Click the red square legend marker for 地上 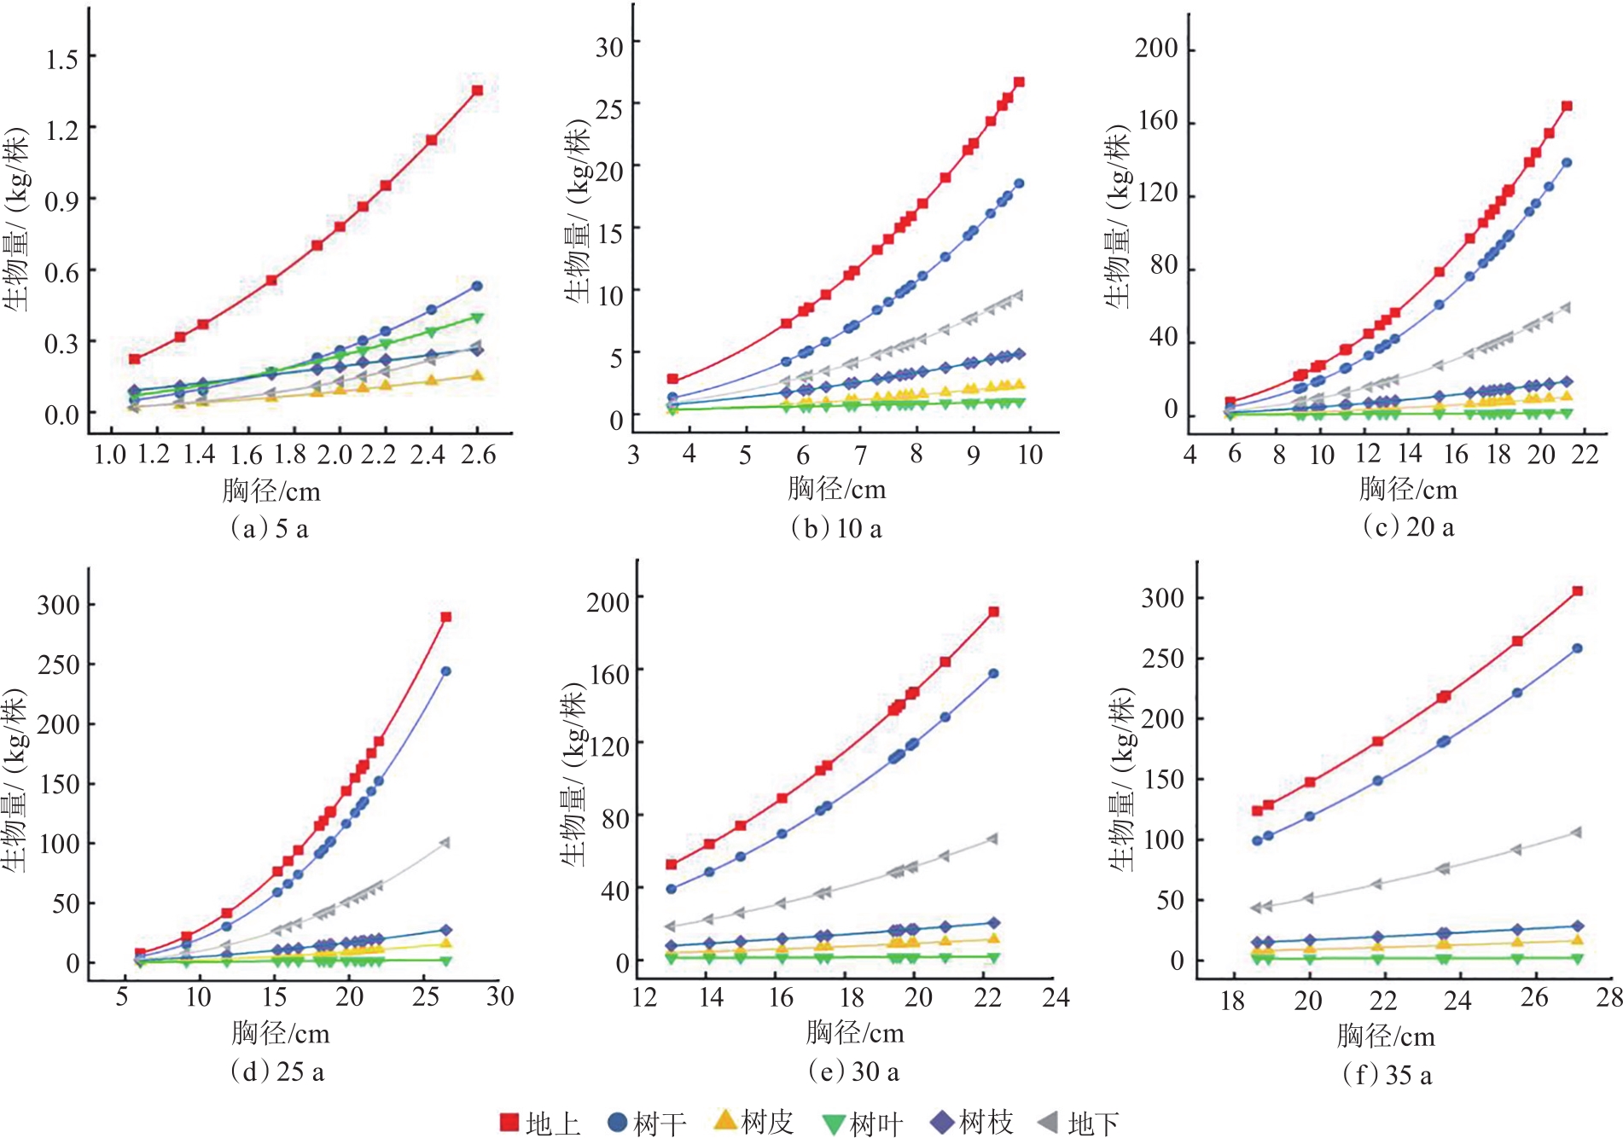pyautogui.click(x=509, y=1122)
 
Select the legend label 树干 pyautogui.click(x=660, y=1123)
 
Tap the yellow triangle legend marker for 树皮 pyautogui.click(x=724, y=1120)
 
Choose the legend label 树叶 pyautogui.click(x=876, y=1123)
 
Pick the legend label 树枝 pyautogui.click(x=986, y=1122)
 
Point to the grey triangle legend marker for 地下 pyautogui.click(x=1048, y=1122)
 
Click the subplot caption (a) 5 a pyautogui.click(x=269, y=529)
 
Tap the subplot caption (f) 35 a pyautogui.click(x=1387, y=1074)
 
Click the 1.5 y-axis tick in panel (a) pyautogui.click(x=61, y=59)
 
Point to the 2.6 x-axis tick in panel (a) pyautogui.click(x=478, y=455)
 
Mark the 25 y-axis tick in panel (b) pyautogui.click(x=609, y=108)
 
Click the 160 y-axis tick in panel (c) pyautogui.click(x=1157, y=120)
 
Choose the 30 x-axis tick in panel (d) pyautogui.click(x=500, y=996)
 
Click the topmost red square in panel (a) pyautogui.click(x=477, y=90)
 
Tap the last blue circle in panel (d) pyautogui.click(x=445, y=671)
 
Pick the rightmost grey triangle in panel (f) pyautogui.click(x=1576, y=833)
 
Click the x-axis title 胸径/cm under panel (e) pyautogui.click(x=854, y=1033)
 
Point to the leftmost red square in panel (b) pyautogui.click(x=672, y=379)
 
